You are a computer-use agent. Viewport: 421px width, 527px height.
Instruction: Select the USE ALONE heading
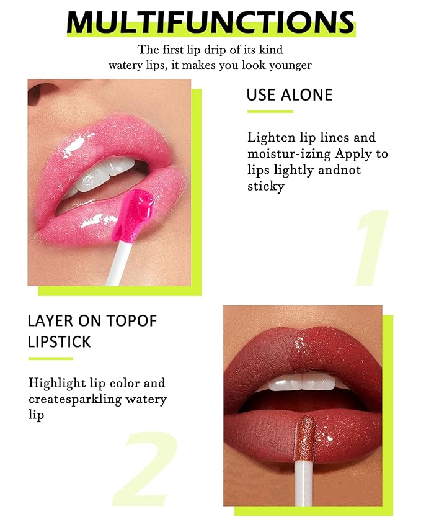[x=290, y=95]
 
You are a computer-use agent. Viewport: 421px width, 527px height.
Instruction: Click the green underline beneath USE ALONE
[x=270, y=112]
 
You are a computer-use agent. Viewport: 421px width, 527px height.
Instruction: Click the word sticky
[x=265, y=186]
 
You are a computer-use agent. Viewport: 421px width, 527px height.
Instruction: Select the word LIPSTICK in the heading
[x=59, y=341]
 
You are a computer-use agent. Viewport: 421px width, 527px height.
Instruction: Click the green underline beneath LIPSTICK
[x=51, y=358]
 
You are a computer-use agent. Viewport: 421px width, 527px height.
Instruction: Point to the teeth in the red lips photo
[x=304, y=382]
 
